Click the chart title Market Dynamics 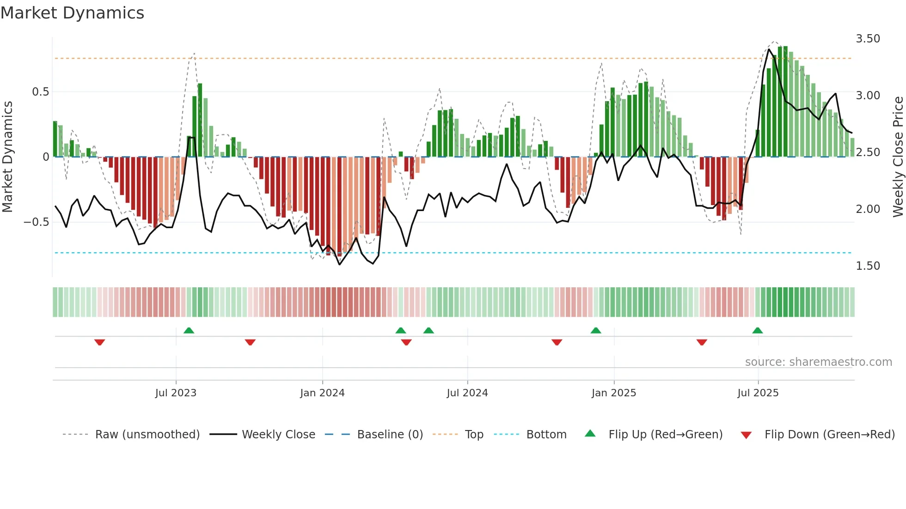73,13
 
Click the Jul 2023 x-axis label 176,393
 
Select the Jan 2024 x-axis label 322,393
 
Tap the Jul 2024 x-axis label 467,393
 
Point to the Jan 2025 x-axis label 614,393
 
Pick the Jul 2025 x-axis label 758,393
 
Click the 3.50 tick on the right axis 868,39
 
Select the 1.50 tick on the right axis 868,266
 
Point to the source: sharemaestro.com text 818,362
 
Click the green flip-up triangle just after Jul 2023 189,330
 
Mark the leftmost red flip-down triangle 99,342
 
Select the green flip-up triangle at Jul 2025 757,330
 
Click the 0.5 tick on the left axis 40,92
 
